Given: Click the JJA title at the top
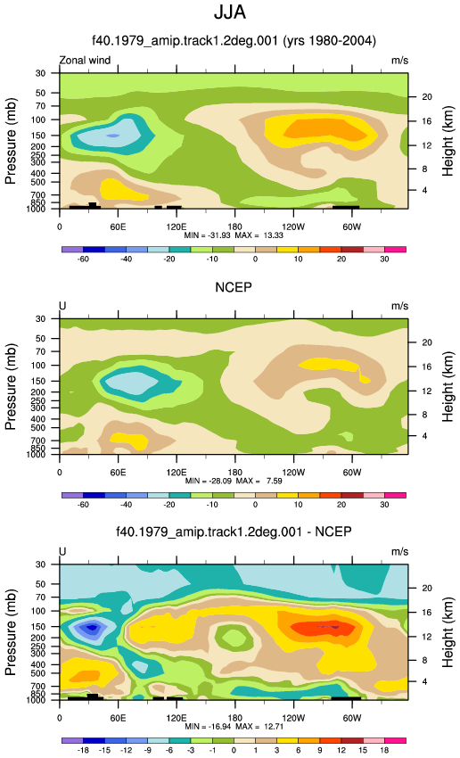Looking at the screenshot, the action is pyautogui.click(x=230, y=12).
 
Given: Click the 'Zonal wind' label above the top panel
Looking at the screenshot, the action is pyautogui.click(x=85, y=61).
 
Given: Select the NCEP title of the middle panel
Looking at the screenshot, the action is pyautogui.click(x=234, y=287).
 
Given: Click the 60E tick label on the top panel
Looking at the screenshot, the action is pyautogui.click(x=118, y=227).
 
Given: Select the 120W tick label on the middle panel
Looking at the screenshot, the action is pyautogui.click(x=293, y=473).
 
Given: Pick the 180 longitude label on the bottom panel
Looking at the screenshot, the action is pyautogui.click(x=234, y=718).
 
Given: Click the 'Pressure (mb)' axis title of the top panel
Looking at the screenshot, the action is pyautogui.click(x=11, y=141).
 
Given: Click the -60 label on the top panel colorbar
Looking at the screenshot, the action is pyautogui.click(x=83, y=260).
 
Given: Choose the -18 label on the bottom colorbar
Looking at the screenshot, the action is pyautogui.click(x=83, y=750).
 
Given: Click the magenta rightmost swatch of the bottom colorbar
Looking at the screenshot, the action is pyautogui.click(x=395, y=740).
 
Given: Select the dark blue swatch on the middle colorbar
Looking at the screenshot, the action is pyautogui.click(x=94, y=495).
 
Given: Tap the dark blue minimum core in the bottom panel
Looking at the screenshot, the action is pyautogui.click(x=92, y=628).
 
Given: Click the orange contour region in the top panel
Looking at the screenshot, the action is pyautogui.click(x=330, y=129).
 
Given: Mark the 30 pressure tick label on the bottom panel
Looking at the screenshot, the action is pyautogui.click(x=40, y=564).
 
